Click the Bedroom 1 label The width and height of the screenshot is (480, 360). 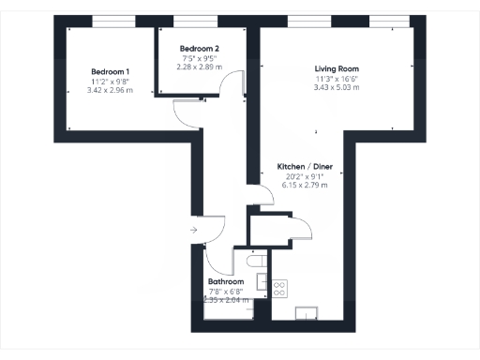pos(111,72)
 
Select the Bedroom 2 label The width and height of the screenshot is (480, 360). pos(200,49)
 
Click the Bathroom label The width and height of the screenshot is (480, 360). pos(226,281)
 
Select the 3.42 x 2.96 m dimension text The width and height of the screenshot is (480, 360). pos(111,91)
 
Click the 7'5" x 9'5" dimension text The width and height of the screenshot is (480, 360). pos(200,58)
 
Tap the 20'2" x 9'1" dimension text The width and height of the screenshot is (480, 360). pos(308,176)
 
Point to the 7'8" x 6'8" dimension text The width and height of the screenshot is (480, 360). pos(226,291)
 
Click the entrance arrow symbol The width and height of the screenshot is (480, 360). pos(193,228)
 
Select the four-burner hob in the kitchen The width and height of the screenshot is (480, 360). pos(278,289)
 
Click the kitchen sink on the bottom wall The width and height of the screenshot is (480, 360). pos(307,313)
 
